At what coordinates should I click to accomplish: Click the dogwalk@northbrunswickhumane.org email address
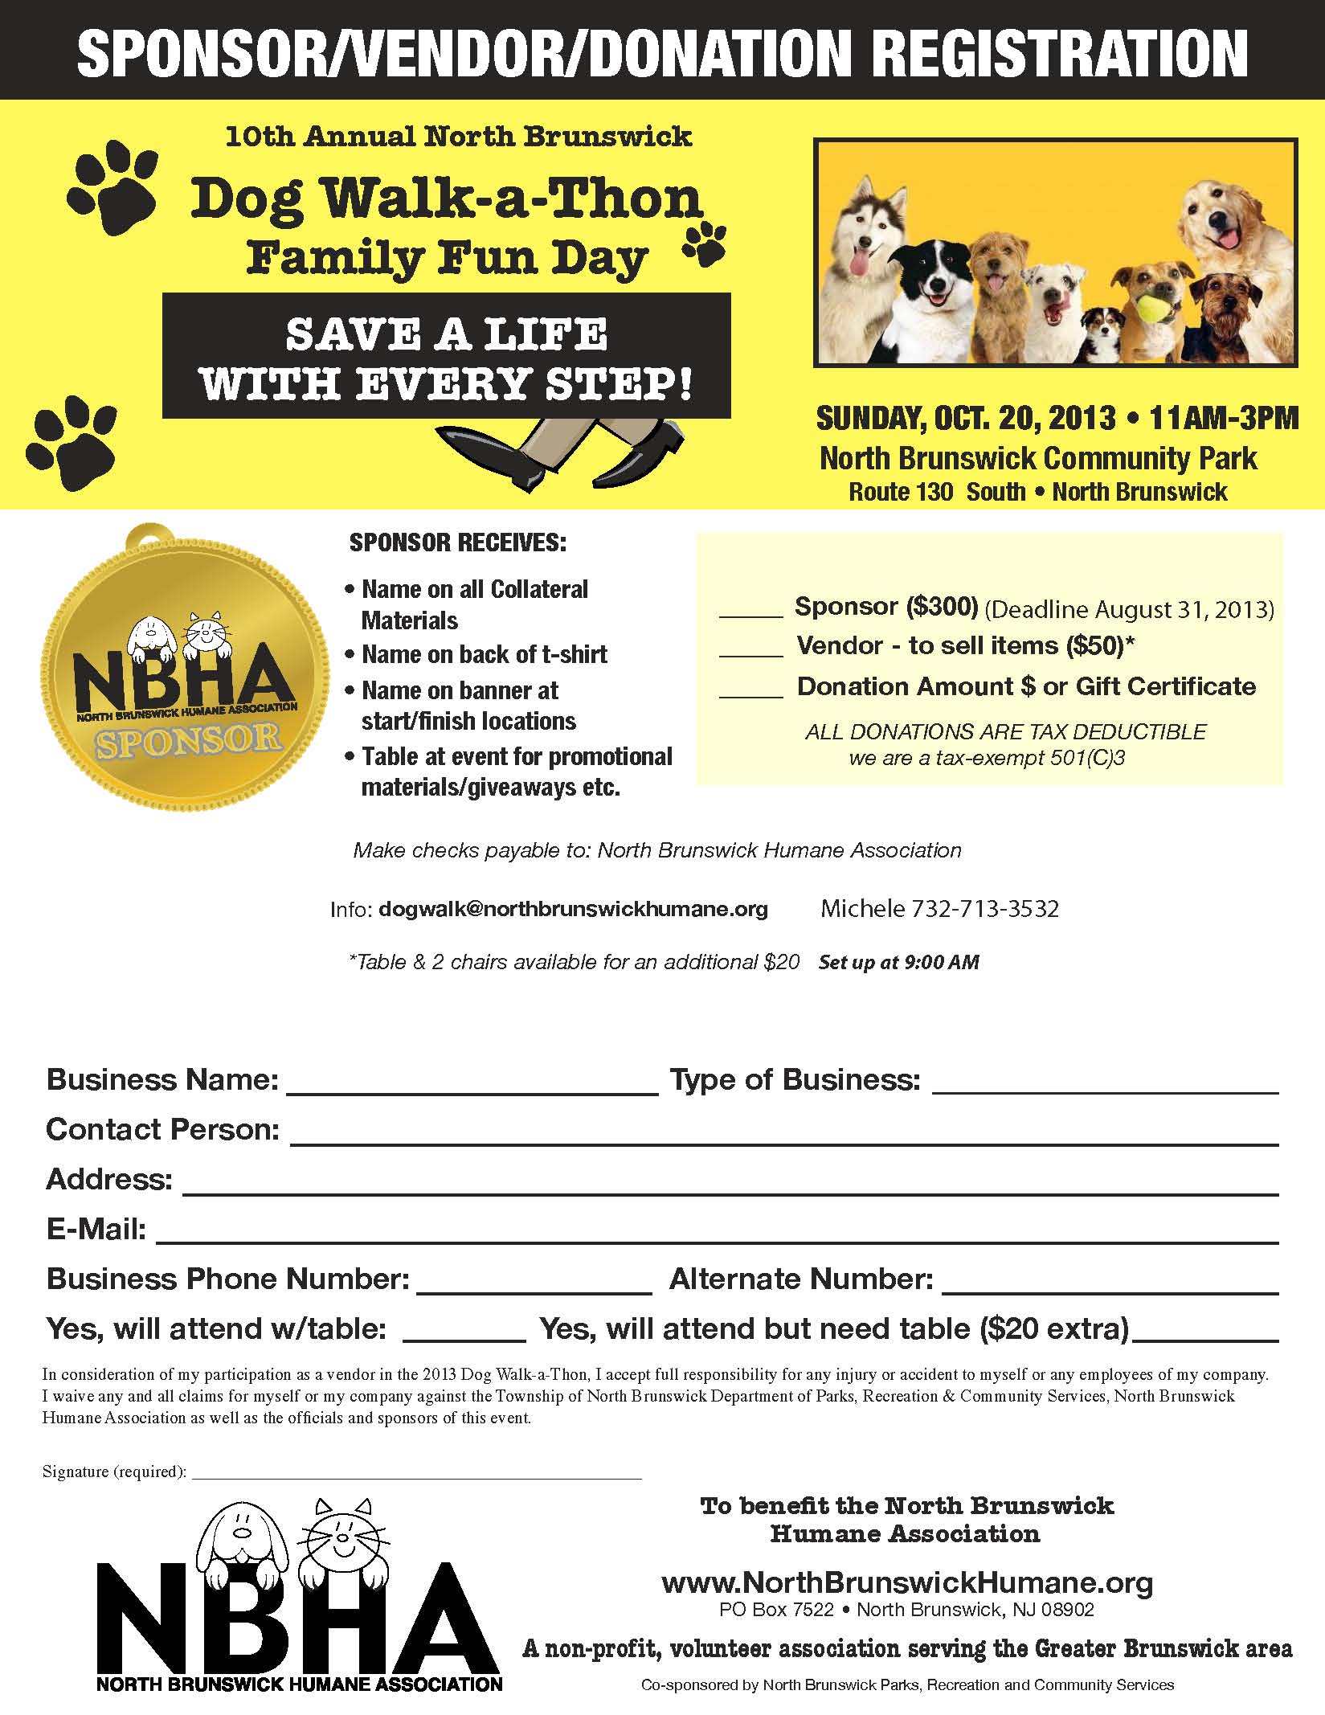tap(573, 909)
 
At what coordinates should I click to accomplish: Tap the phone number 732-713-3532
tap(984, 909)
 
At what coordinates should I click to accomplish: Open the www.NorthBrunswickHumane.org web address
tap(907, 1582)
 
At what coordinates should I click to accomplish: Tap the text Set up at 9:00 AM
tap(898, 962)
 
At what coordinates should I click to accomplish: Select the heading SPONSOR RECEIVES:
tap(458, 543)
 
